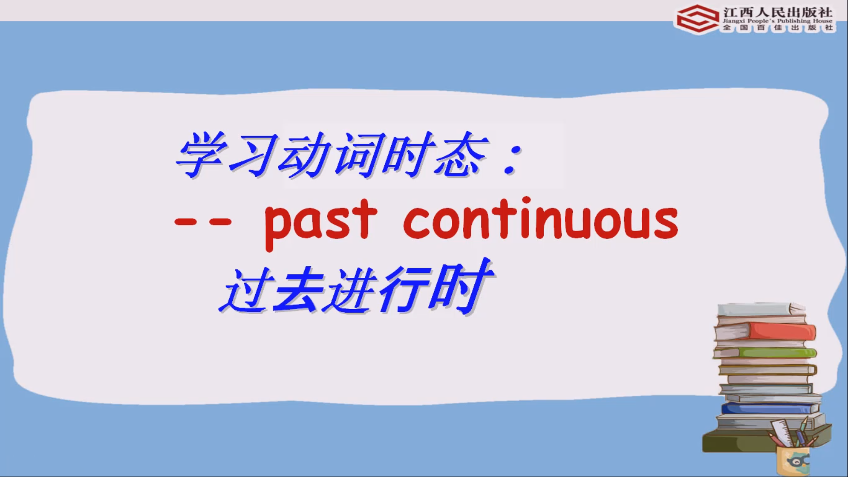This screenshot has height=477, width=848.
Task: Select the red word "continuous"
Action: (541, 220)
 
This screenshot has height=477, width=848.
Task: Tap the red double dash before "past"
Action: (203, 221)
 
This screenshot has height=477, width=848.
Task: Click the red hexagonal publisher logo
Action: (698, 19)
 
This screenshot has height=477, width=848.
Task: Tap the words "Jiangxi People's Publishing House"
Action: (777, 21)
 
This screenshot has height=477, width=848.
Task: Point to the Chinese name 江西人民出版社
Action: (777, 11)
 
